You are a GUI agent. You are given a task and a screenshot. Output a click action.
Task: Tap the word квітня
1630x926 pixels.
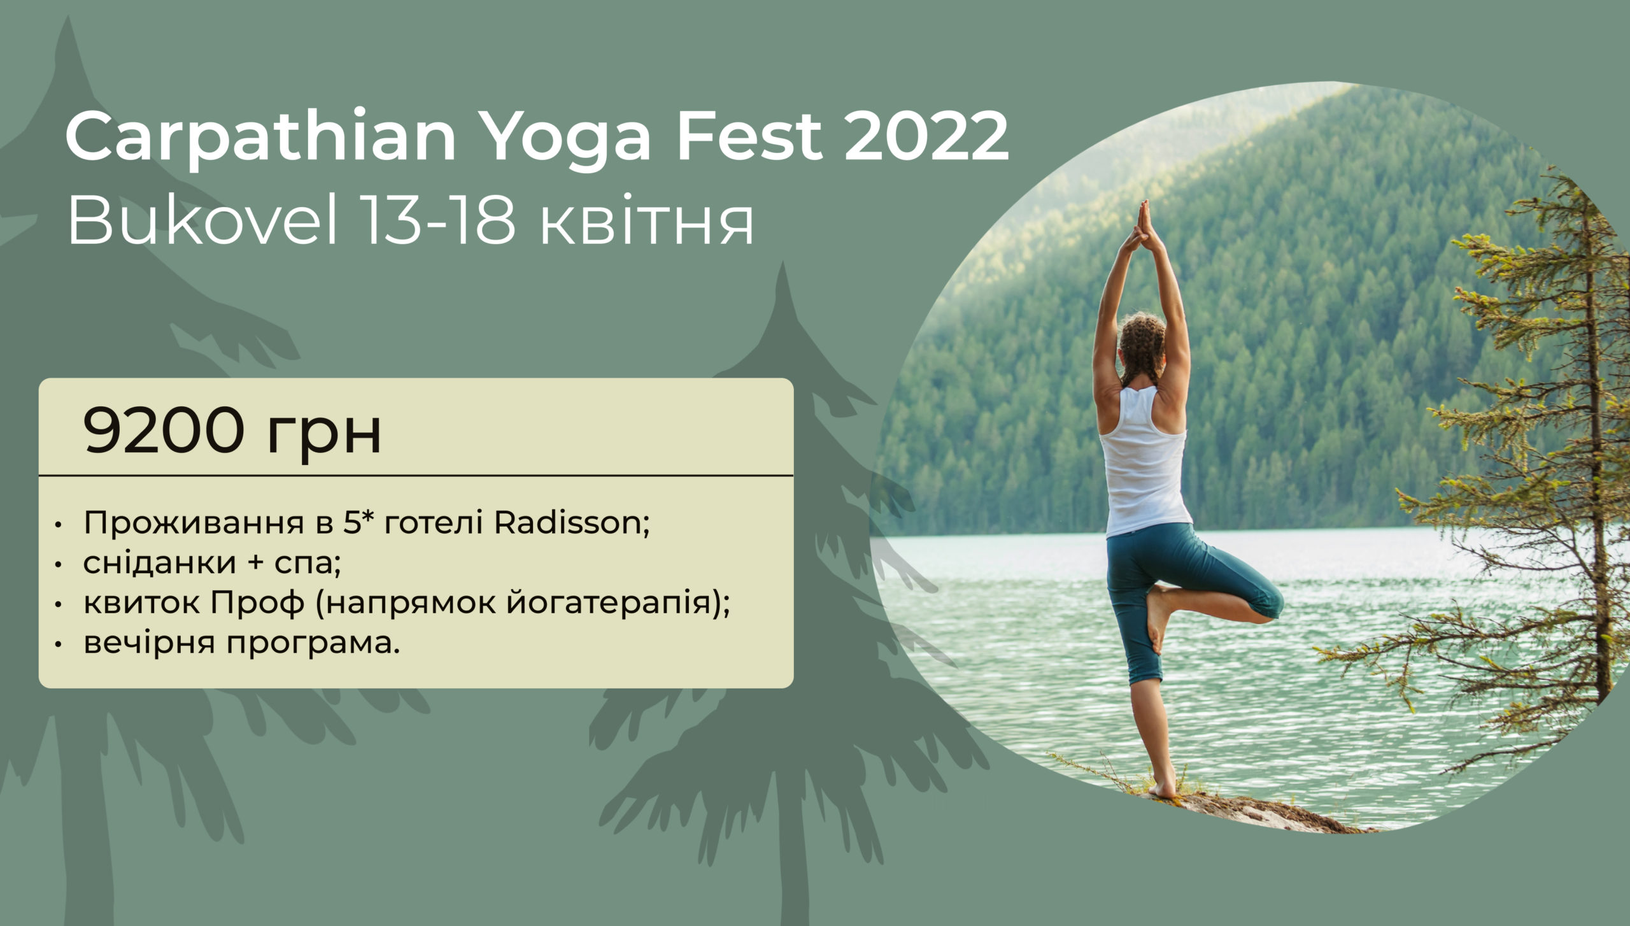[647, 225]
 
